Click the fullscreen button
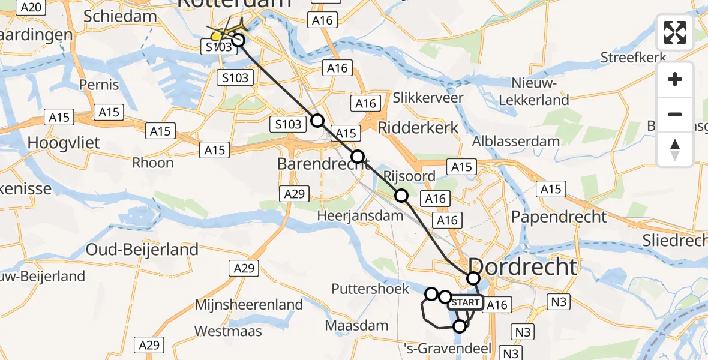[x=675, y=32]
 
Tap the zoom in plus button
[x=675, y=79]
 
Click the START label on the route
[x=464, y=302]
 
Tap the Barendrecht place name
[x=322, y=163]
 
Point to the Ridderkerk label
[x=418, y=127]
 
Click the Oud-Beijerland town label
[x=142, y=249]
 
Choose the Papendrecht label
[x=559, y=217]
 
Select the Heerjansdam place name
[x=350, y=215]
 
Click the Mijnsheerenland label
[x=249, y=305]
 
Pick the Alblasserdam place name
[x=515, y=142]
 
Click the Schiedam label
[x=120, y=16]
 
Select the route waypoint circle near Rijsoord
[x=401, y=195]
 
